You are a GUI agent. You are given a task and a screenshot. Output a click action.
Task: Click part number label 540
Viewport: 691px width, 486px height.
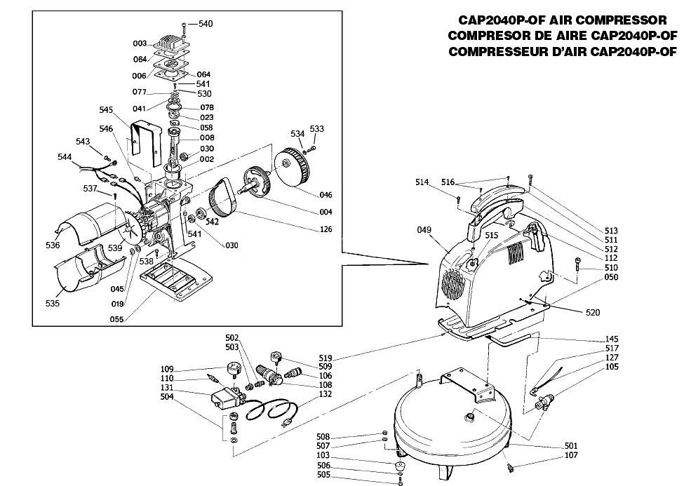pyautogui.click(x=206, y=24)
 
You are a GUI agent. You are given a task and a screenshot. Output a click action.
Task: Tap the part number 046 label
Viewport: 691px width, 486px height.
pyautogui.click(x=326, y=195)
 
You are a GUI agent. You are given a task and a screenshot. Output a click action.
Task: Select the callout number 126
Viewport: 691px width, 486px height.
pyautogui.click(x=326, y=229)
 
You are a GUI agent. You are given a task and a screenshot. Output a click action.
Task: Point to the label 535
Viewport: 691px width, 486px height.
pyautogui.click(x=53, y=303)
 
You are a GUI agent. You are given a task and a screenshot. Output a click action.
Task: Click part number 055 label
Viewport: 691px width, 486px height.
pyautogui.click(x=116, y=319)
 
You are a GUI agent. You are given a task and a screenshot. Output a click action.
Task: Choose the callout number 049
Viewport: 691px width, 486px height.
pyautogui.click(x=424, y=229)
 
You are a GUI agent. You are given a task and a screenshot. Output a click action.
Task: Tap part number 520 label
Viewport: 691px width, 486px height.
pyautogui.click(x=593, y=312)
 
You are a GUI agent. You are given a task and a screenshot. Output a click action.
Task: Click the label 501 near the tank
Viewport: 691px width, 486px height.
pyautogui.click(x=571, y=446)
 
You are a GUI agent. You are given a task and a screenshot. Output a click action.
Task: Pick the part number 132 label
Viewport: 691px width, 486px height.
pyautogui.click(x=325, y=394)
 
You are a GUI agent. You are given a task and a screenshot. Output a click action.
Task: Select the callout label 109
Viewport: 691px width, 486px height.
pyautogui.click(x=167, y=370)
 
